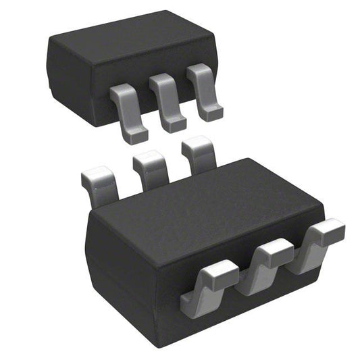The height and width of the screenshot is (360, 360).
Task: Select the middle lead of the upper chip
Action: (165, 101)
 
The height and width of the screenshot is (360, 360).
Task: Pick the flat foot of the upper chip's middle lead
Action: (174, 123)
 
